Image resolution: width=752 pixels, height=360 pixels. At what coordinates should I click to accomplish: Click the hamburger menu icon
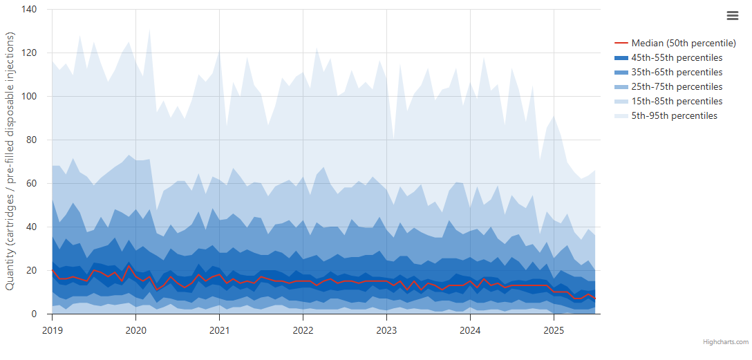733,16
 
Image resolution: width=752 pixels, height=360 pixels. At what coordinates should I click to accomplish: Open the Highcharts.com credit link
726,342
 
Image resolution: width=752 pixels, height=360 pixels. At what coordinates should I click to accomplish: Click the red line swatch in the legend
621,43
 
